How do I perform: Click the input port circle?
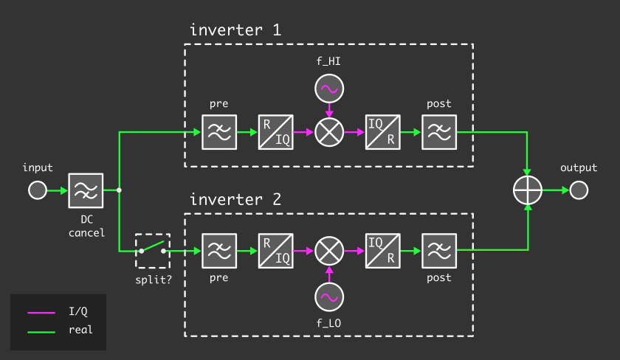pos(37,191)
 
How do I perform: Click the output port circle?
pos(579,191)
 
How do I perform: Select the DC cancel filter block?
pos(86,191)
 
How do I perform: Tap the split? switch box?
pos(153,252)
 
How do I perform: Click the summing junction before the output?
pos(528,191)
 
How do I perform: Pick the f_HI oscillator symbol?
pos(328,90)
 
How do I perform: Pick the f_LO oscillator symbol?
pos(328,297)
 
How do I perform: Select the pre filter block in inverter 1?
pos(219,133)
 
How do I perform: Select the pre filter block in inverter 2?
pos(219,252)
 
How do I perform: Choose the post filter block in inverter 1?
pos(439,133)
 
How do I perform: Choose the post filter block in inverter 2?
pos(439,252)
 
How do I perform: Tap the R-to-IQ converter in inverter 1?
pos(275,133)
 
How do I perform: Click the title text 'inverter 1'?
pos(235,30)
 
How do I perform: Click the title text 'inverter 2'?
pos(235,200)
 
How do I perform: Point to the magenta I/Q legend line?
pos(41,312)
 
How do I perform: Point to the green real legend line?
pos(41,330)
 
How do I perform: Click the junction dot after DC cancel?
pos(119,191)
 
